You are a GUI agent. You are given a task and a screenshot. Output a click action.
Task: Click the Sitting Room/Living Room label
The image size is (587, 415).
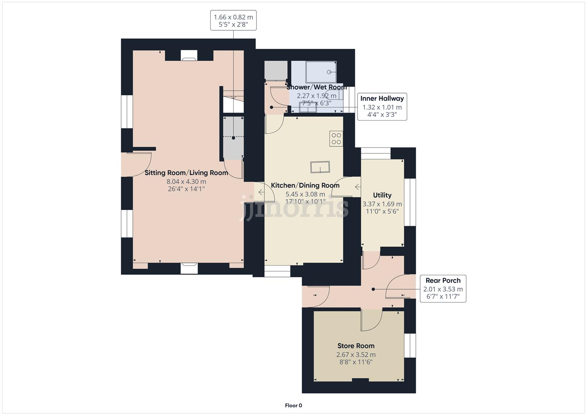pyautogui.click(x=186, y=173)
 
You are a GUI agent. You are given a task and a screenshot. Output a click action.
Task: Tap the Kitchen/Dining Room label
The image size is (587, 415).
pyautogui.click(x=305, y=186)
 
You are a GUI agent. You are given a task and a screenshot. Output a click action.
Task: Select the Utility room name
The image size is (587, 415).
pyautogui.click(x=382, y=195)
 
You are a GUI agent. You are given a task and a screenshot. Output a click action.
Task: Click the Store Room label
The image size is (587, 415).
pyautogui.click(x=356, y=346)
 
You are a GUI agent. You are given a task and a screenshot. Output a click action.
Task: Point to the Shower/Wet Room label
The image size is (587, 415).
pyautogui.click(x=316, y=87)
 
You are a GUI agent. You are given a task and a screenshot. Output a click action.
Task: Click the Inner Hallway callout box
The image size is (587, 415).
pyautogui.click(x=382, y=106)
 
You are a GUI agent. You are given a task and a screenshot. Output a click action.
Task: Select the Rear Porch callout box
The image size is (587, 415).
pyautogui.click(x=443, y=288)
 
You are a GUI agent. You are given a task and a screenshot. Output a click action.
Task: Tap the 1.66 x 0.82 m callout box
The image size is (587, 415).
pyautogui.click(x=233, y=21)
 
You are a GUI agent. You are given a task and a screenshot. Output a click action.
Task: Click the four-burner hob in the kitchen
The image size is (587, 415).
pyautogui.click(x=336, y=139)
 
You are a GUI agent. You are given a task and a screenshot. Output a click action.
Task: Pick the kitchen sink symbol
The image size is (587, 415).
pyautogui.click(x=320, y=168)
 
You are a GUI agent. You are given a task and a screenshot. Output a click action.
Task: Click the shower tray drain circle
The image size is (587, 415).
pyautogui.click(x=329, y=72)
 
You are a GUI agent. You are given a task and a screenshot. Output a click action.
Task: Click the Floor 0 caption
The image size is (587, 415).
pyautogui.click(x=293, y=405)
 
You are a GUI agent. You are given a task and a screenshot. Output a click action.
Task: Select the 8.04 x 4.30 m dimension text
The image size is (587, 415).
pyautogui.click(x=186, y=182)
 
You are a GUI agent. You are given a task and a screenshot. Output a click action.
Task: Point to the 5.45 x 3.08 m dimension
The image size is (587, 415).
pyautogui.click(x=305, y=194)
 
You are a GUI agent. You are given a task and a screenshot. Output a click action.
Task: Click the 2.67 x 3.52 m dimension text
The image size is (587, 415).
pyautogui.click(x=356, y=355)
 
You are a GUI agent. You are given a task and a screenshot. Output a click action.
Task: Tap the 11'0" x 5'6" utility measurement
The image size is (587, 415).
pyautogui.click(x=382, y=211)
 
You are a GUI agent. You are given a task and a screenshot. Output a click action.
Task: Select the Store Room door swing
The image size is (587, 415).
pyautogui.click(x=371, y=320)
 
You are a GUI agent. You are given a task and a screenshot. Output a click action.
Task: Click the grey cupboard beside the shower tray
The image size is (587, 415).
pyautogui.click(x=276, y=70)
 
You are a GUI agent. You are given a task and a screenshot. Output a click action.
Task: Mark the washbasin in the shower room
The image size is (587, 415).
pyautogui.click(x=308, y=108)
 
